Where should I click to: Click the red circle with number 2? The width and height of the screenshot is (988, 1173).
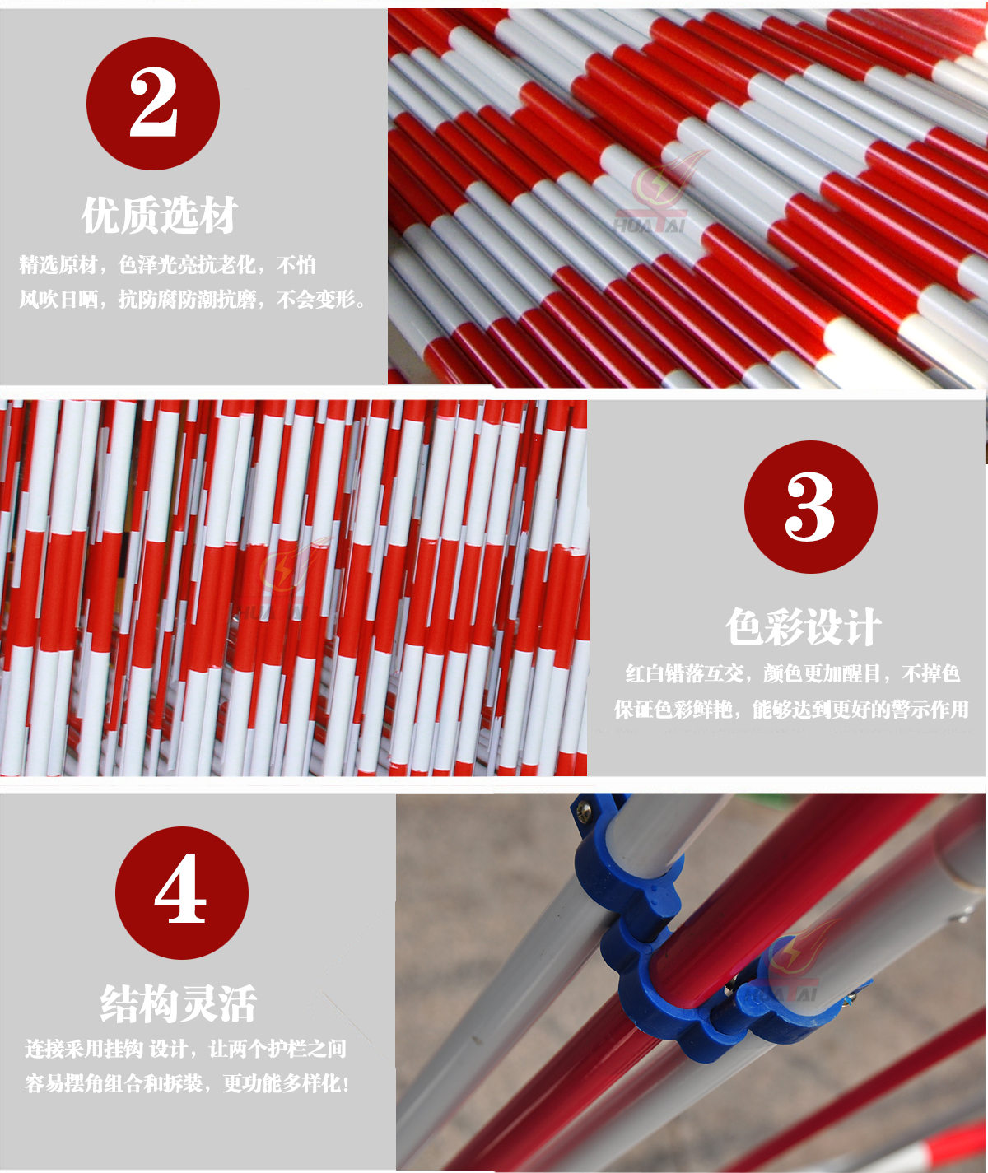[x=153, y=104]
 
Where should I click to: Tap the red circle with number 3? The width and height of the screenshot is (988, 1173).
[x=810, y=507]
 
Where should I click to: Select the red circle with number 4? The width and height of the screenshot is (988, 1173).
[x=181, y=893]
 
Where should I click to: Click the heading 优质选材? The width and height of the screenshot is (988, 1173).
[x=160, y=215]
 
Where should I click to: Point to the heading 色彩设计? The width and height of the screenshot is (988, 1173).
[x=803, y=627]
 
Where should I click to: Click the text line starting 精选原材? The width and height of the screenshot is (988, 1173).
[x=167, y=264]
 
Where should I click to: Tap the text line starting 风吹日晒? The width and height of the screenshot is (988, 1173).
[x=192, y=300]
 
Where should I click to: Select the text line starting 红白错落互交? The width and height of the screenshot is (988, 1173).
[x=792, y=673]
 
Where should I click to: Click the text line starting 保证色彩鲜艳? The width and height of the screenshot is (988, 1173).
[x=791, y=709]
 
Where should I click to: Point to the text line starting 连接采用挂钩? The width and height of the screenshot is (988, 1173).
[x=185, y=1048]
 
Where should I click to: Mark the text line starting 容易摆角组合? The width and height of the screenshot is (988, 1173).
[x=187, y=1083]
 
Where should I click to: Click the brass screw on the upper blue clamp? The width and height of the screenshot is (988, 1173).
[x=584, y=811]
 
